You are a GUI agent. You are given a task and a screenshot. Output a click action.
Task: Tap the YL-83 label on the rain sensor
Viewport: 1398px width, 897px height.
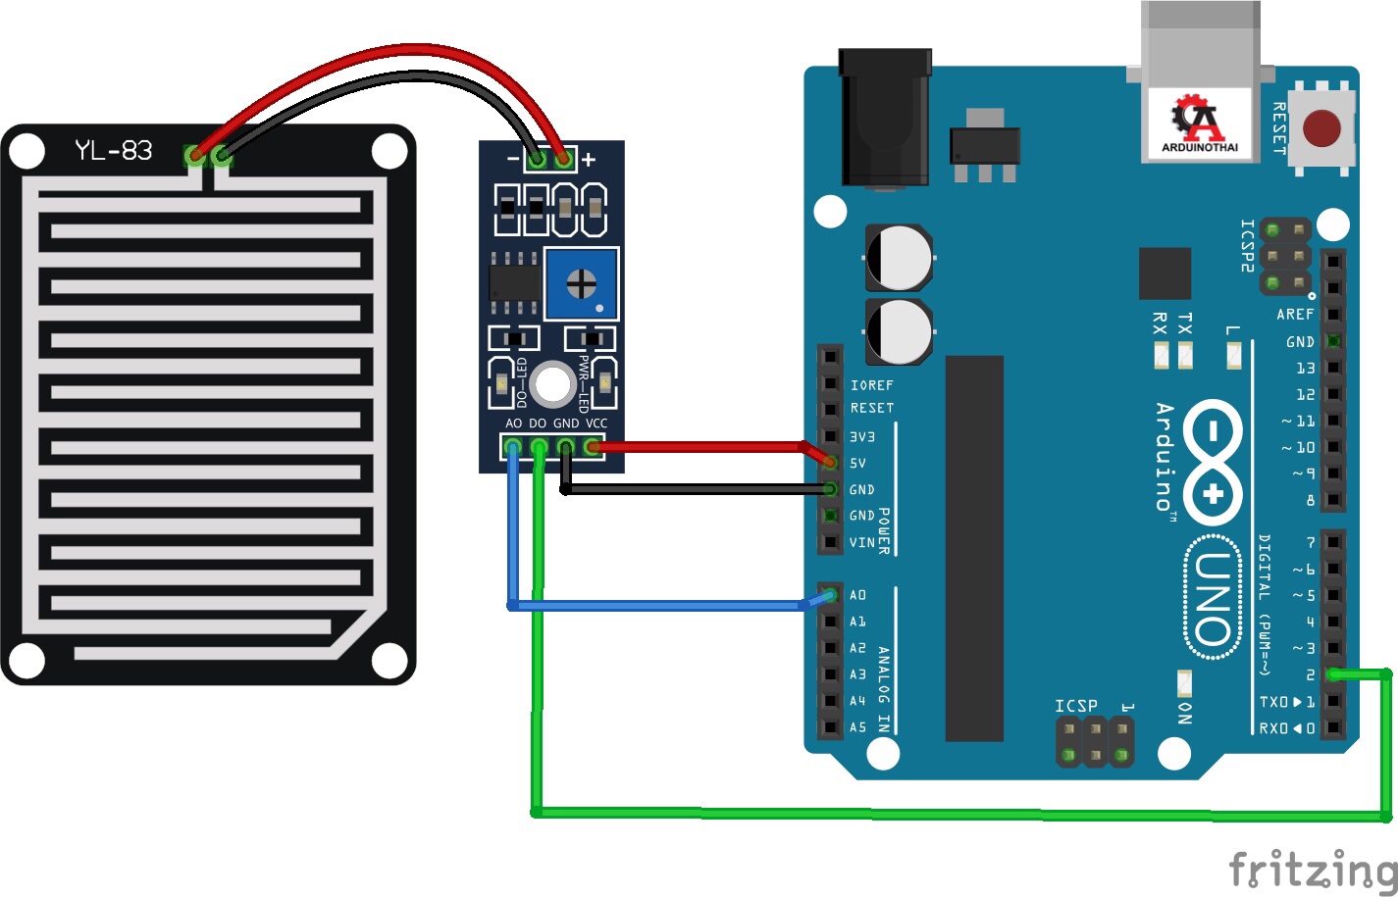[x=114, y=151]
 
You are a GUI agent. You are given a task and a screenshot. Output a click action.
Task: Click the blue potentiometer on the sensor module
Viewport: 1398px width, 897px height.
[x=581, y=283]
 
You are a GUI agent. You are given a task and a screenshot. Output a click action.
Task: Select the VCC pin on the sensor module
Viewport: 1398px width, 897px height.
[x=593, y=447]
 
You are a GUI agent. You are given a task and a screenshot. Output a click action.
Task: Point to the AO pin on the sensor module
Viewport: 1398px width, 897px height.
[x=512, y=447]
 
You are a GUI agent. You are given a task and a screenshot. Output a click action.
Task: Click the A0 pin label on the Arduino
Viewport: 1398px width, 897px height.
[x=857, y=595]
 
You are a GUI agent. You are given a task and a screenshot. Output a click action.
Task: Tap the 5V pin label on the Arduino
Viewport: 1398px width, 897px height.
[x=857, y=463]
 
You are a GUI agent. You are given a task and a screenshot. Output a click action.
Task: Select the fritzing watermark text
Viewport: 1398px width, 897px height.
[x=1313, y=870]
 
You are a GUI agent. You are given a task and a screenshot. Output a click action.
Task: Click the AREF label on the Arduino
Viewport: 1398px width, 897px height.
[x=1295, y=315]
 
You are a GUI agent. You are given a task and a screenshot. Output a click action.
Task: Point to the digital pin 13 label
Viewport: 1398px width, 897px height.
[x=1305, y=369]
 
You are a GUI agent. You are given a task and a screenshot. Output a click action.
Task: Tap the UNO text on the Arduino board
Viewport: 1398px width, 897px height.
[x=1214, y=597]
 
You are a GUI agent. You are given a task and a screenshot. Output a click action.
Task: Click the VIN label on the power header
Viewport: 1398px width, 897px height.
[x=861, y=542]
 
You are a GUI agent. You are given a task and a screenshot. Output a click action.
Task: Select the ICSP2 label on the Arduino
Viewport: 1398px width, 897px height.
[x=1247, y=245]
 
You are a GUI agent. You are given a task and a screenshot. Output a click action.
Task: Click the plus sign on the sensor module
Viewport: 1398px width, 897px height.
[x=589, y=159]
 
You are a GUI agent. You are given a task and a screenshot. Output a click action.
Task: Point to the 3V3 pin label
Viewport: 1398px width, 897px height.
[x=861, y=436]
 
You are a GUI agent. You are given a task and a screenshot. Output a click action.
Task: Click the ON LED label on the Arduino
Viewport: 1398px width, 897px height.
[x=1185, y=713]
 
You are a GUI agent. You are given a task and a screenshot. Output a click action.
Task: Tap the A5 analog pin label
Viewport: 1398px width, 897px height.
[x=857, y=727]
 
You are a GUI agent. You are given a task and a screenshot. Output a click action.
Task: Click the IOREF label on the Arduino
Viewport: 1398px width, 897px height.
[x=871, y=385]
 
